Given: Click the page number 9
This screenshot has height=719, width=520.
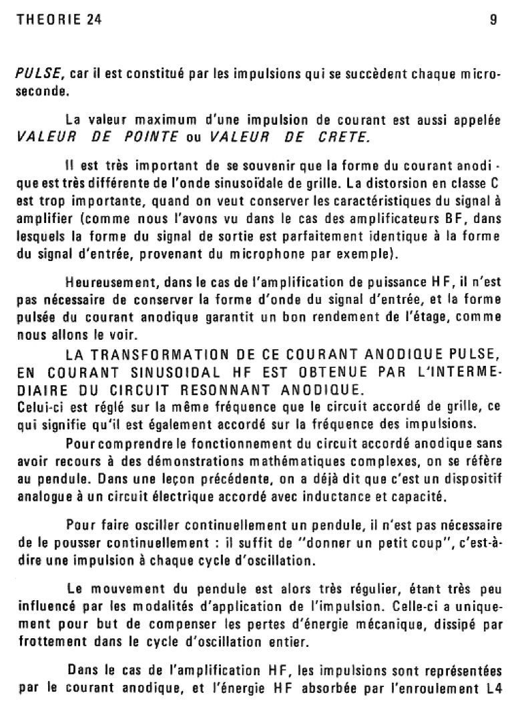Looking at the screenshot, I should point(493,21).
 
